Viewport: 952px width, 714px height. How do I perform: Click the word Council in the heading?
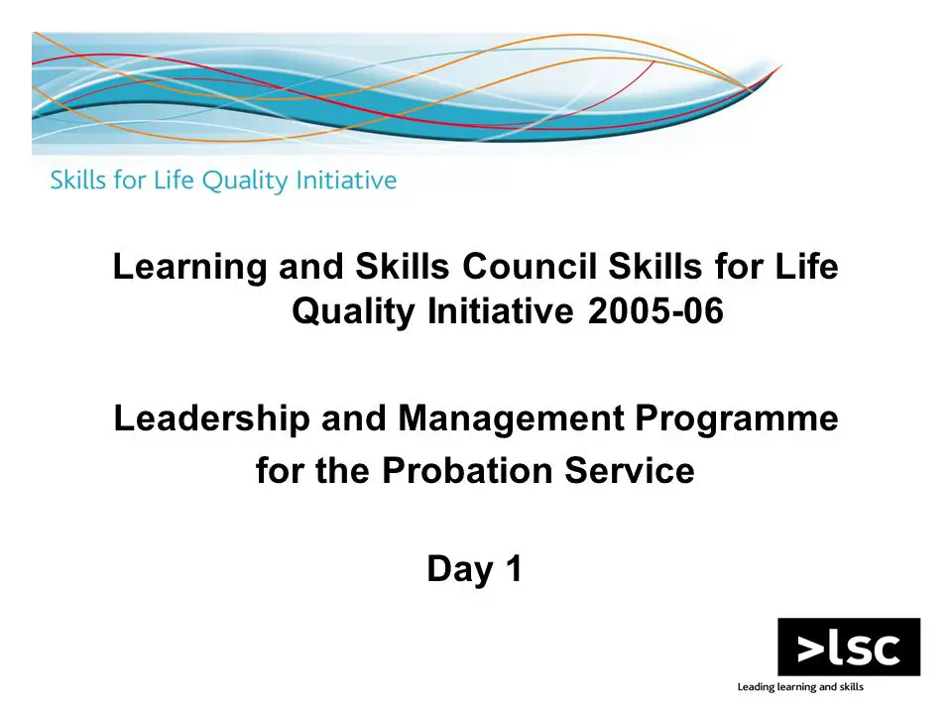(530, 267)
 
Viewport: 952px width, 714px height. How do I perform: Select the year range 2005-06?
(655, 311)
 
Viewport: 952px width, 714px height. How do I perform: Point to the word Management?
(511, 419)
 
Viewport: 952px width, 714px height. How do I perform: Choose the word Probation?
(467, 470)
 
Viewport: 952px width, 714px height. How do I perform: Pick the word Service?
(630, 470)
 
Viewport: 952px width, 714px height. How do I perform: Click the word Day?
(460, 570)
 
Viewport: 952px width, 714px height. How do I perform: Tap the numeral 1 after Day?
(515, 568)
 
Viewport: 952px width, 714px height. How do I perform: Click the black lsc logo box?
(849, 647)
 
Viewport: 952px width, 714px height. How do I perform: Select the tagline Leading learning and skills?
(800, 687)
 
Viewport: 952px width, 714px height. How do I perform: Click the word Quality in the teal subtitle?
(245, 180)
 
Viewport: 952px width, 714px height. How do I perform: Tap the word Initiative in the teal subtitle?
(346, 179)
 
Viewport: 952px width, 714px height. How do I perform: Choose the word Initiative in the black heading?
(500, 311)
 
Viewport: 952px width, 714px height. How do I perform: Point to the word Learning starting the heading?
(190, 268)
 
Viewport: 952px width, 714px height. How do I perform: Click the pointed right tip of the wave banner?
(782, 65)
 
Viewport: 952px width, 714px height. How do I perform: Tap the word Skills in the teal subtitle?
(77, 179)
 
